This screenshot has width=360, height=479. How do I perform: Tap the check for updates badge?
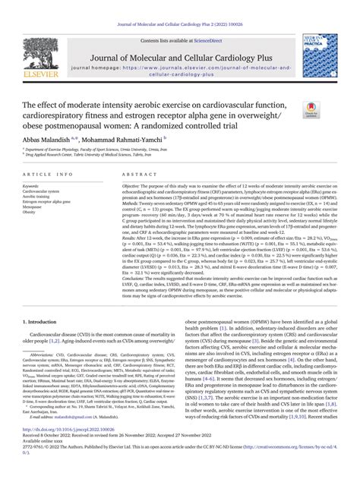tap(331, 110)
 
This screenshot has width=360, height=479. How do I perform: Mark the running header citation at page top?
tap(179, 6)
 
